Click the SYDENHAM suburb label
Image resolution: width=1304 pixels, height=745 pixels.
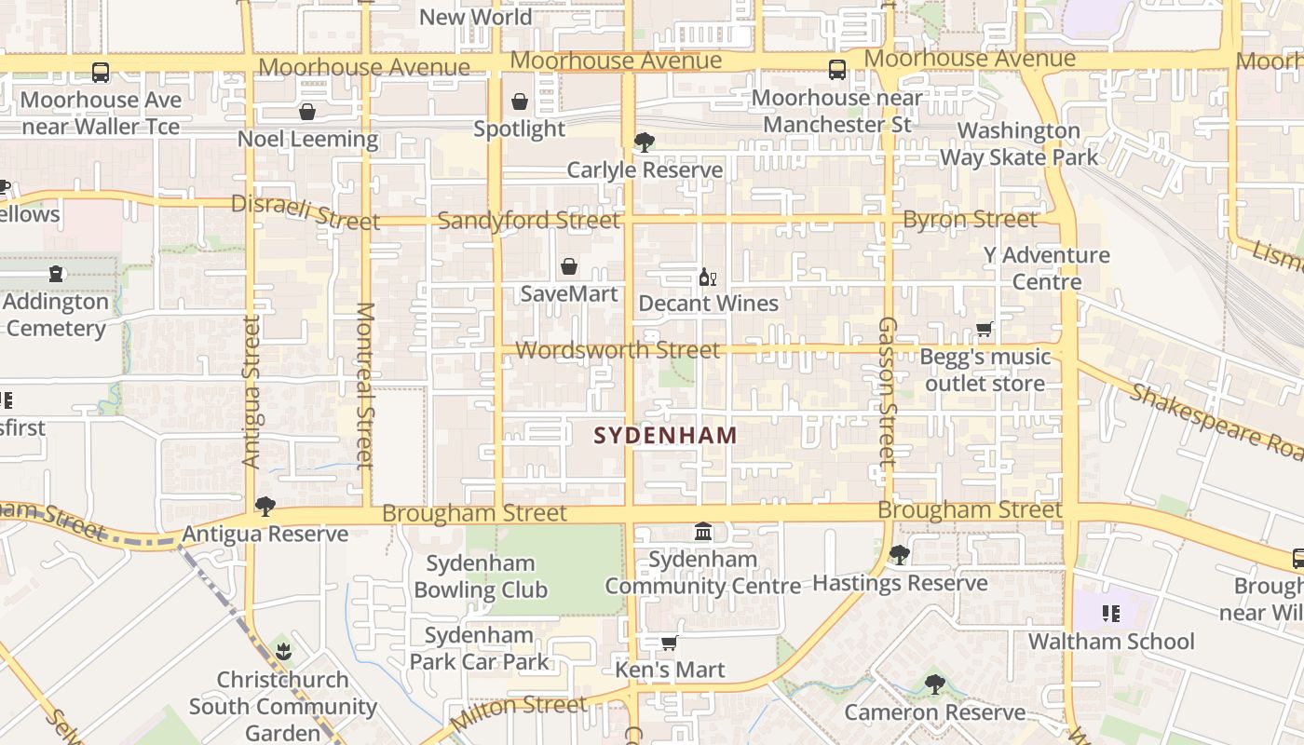(x=665, y=435)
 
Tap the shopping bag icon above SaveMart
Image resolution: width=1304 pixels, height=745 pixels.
(x=569, y=267)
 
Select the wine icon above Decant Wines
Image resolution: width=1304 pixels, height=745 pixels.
(x=708, y=277)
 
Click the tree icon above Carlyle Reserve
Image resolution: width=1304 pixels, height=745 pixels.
(x=644, y=142)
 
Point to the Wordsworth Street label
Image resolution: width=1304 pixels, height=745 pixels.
(x=618, y=351)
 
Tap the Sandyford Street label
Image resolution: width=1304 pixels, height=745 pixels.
(x=528, y=221)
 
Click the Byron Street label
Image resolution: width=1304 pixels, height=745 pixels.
(x=970, y=220)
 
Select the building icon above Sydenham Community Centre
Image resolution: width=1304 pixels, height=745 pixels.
(x=704, y=532)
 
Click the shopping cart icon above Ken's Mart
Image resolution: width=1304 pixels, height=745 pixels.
(x=669, y=643)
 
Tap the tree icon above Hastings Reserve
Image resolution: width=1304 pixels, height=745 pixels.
(x=900, y=555)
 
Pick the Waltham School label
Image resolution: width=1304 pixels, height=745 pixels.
(x=1111, y=641)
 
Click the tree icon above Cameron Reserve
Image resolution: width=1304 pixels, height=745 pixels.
(x=935, y=684)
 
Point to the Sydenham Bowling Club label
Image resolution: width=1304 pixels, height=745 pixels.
(x=481, y=576)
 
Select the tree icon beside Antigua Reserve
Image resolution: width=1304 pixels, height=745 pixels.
(x=265, y=507)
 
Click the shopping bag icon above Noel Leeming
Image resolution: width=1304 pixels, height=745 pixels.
(x=307, y=113)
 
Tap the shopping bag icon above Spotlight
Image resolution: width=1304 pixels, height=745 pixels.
(x=520, y=102)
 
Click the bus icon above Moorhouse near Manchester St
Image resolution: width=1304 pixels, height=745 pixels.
(x=837, y=70)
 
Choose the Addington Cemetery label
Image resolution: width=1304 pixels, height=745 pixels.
(x=56, y=315)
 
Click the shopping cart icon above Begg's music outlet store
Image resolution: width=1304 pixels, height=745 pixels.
(x=985, y=329)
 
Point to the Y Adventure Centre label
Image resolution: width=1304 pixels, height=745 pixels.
(x=1047, y=268)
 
